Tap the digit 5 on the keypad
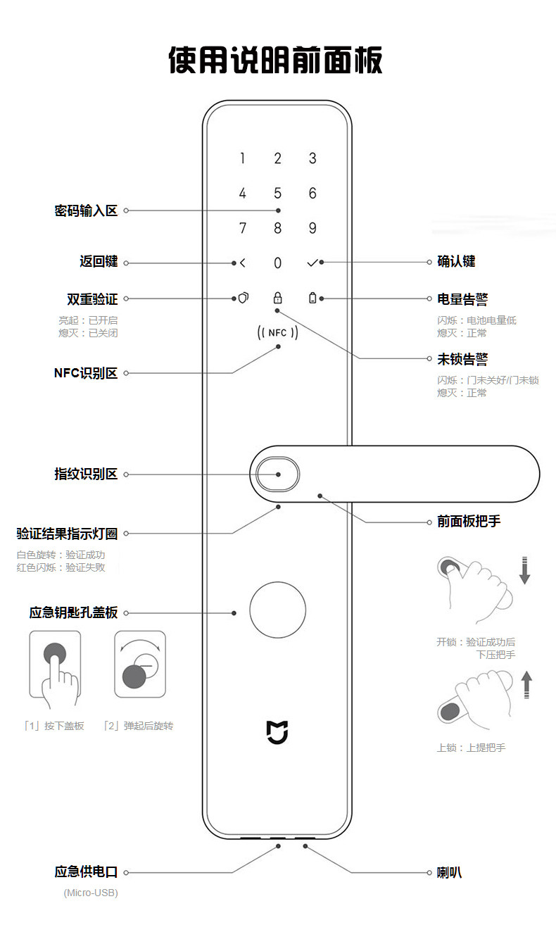pos(277,193)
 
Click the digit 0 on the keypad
pos(277,263)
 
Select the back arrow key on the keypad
pos(243,263)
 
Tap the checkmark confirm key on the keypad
pos(312,263)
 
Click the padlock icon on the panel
pos(277,298)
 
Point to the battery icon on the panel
pos(312,298)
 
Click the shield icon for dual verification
pos(243,298)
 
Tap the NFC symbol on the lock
pos(277,333)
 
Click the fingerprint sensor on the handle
pos(277,474)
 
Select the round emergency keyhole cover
pos(277,610)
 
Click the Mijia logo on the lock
pos(277,731)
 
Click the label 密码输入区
pos(86,210)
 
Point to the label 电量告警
pos(462,299)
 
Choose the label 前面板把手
pos(469,522)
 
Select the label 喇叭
pos(450,873)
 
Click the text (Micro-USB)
pos(91,893)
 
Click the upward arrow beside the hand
pos(526,684)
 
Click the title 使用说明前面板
pos(277,61)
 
